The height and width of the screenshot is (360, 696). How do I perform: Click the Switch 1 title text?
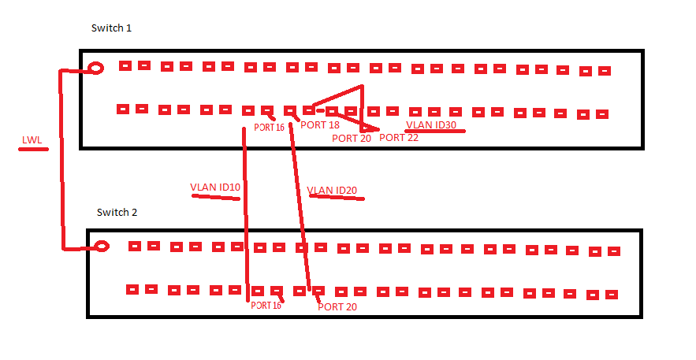[111, 28]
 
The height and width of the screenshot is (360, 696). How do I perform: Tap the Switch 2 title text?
[117, 213]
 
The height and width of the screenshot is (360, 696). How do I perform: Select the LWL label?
[32, 140]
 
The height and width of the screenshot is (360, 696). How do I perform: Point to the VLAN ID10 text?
[215, 187]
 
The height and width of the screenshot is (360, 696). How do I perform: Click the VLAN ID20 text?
[333, 191]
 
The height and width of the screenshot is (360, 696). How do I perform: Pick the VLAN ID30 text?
[431, 124]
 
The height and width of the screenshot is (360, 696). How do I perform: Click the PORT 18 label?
[320, 125]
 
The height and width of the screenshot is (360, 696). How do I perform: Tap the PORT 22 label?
[399, 138]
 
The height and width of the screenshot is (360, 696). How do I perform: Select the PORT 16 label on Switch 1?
[269, 127]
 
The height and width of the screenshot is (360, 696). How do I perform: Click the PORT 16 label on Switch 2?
[266, 306]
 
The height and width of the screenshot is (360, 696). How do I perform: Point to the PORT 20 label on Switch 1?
[351, 139]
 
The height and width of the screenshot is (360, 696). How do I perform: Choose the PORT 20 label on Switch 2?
[337, 306]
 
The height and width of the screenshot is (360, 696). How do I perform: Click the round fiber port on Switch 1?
[96, 69]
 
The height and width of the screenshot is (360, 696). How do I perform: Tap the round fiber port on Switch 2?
[102, 246]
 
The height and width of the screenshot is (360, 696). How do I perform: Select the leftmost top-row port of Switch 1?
[125, 66]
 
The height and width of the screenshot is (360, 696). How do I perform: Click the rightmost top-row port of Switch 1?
[605, 71]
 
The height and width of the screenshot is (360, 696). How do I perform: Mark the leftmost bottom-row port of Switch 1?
[122, 109]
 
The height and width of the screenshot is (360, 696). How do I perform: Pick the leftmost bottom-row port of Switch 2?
[132, 289]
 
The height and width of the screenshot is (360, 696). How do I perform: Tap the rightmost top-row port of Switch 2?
[615, 251]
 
